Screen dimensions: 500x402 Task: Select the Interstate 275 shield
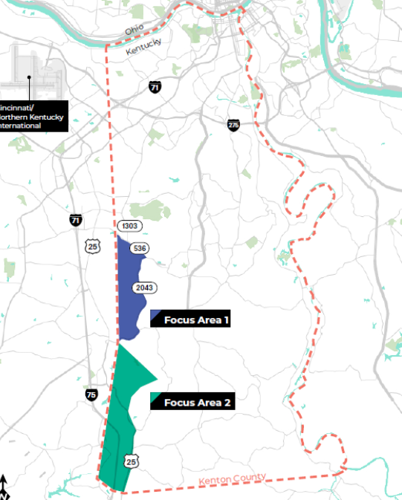click(233, 125)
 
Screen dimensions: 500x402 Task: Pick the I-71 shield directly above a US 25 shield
click(76, 220)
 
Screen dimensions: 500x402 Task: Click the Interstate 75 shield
click(91, 395)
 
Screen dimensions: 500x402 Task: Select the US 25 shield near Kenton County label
click(131, 462)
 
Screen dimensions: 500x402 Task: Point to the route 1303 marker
click(129, 225)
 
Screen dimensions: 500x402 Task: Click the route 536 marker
click(138, 248)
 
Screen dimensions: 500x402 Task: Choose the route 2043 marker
click(144, 288)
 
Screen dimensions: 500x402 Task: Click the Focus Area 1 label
click(196, 320)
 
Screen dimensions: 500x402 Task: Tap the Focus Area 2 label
click(198, 403)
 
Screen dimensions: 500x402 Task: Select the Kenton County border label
click(232, 480)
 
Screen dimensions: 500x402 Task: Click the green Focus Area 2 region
click(119, 416)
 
